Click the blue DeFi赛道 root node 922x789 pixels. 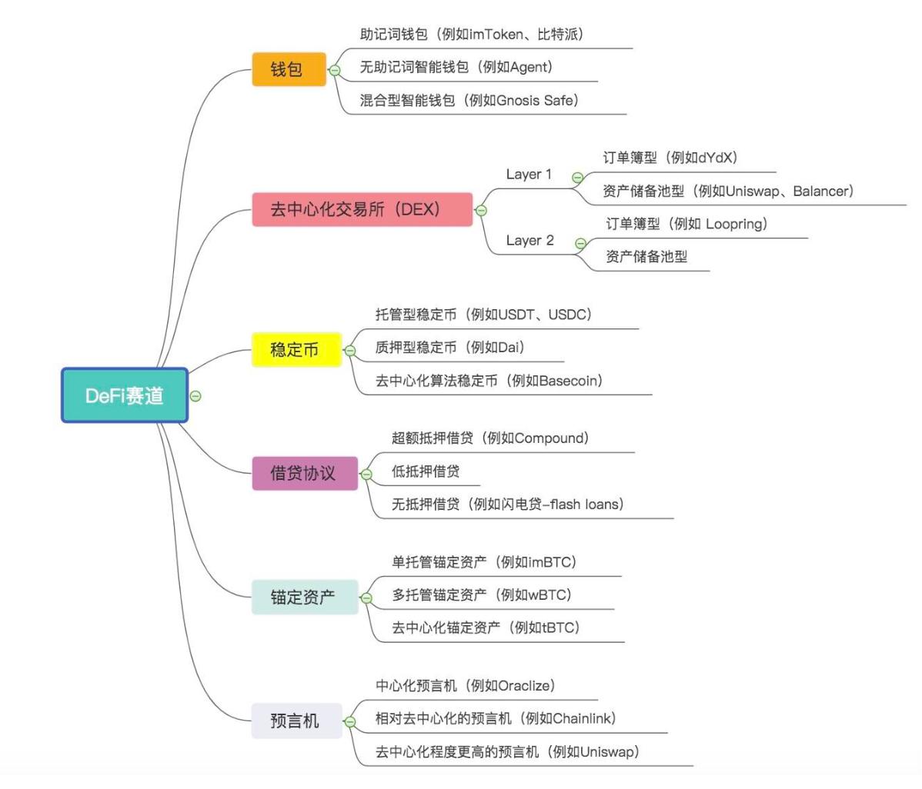pos(125,395)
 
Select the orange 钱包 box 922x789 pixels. pos(289,69)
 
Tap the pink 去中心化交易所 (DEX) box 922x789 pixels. pos(362,209)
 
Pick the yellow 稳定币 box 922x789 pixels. pos(296,350)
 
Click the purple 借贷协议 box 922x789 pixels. pos(304,472)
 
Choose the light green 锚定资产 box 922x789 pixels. pos(304,597)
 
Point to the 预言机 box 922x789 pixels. pos(296,721)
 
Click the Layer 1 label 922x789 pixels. pos(529,175)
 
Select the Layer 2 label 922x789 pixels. pos(529,241)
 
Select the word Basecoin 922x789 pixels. pos(570,381)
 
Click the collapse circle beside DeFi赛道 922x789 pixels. pos(195,396)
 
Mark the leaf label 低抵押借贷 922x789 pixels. pos(425,471)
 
